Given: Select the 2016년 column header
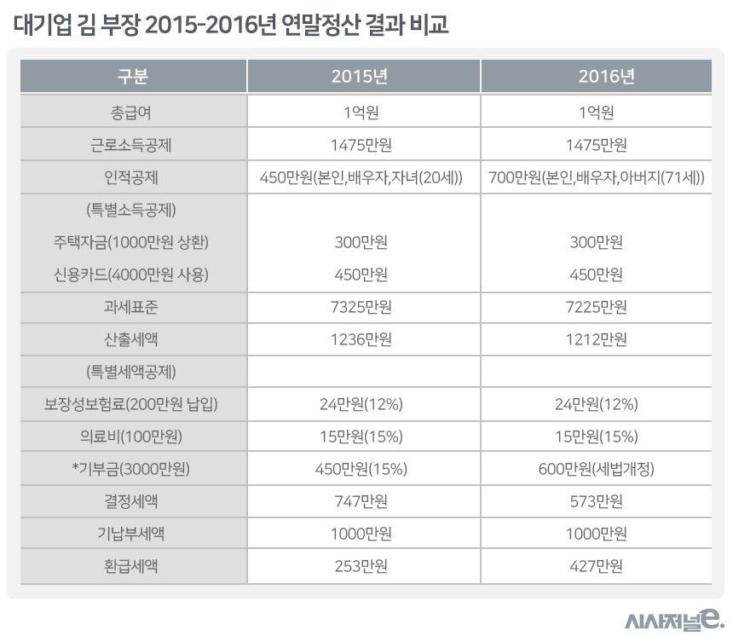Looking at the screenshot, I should (x=596, y=77).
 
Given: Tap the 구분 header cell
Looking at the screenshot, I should (x=132, y=77).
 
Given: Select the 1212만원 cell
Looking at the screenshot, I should (x=596, y=339).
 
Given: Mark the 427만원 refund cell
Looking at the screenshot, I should (x=596, y=566).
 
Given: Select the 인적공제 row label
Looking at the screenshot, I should (x=132, y=177).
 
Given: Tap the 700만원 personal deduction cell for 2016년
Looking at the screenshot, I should (x=596, y=177).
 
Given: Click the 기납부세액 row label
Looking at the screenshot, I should (x=132, y=535).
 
